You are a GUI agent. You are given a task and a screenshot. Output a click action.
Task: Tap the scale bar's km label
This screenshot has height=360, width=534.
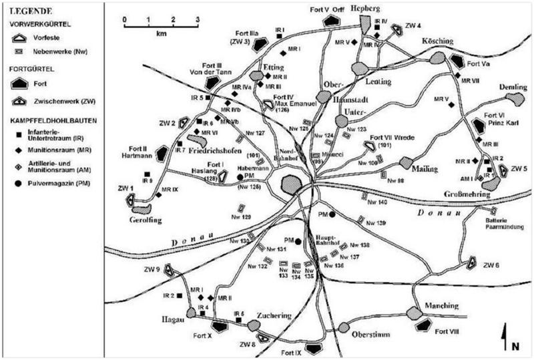coord(161,33)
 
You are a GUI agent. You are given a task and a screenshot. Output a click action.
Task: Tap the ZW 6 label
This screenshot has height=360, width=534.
coord(491,266)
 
